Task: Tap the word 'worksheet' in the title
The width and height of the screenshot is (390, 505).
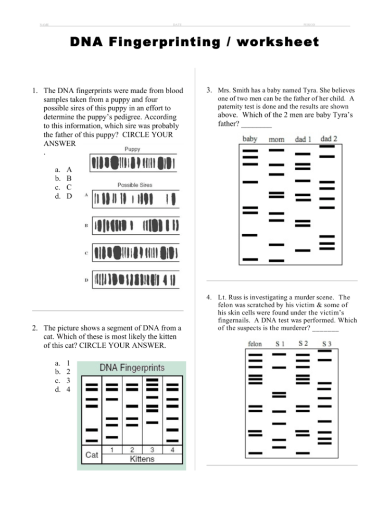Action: click(277, 42)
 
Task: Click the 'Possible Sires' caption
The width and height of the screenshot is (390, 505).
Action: click(135, 185)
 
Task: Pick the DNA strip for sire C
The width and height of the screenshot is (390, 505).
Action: click(135, 253)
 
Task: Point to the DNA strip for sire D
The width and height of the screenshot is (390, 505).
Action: click(135, 280)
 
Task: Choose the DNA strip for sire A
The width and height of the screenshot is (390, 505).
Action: click(135, 198)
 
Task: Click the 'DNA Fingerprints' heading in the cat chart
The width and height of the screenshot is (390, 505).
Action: click(132, 368)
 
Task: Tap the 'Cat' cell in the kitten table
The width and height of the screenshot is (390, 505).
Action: click(92, 455)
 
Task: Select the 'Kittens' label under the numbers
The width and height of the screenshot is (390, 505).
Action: click(142, 459)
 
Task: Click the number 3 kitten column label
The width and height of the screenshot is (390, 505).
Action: click(152, 449)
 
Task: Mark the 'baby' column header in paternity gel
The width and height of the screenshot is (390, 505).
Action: click(250, 139)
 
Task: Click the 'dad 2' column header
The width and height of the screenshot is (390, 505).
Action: click(329, 138)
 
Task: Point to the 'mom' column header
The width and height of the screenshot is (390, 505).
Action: click(276, 140)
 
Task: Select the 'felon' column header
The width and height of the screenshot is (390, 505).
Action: click(255, 344)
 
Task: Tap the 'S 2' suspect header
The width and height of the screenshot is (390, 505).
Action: click(303, 343)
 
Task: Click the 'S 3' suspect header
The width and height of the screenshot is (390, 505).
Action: click(326, 344)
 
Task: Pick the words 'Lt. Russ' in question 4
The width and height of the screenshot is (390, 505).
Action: click(231, 297)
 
